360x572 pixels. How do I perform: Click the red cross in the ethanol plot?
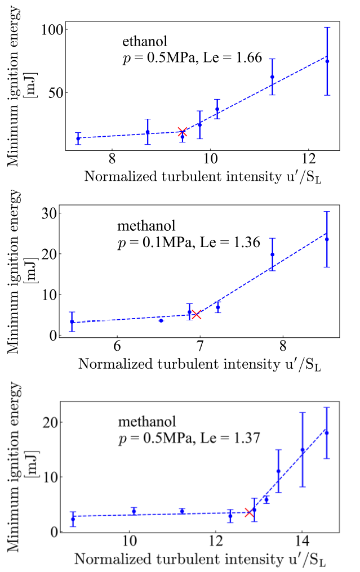coord(182,132)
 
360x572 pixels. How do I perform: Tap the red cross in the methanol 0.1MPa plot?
coord(196,315)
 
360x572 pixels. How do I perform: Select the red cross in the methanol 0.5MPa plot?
coord(250,512)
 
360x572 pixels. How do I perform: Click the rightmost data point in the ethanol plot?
coord(327,61)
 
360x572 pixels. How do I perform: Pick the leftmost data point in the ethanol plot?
coord(78,138)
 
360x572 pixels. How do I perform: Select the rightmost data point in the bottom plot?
coord(327,432)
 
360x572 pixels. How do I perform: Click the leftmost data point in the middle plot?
coord(72,321)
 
